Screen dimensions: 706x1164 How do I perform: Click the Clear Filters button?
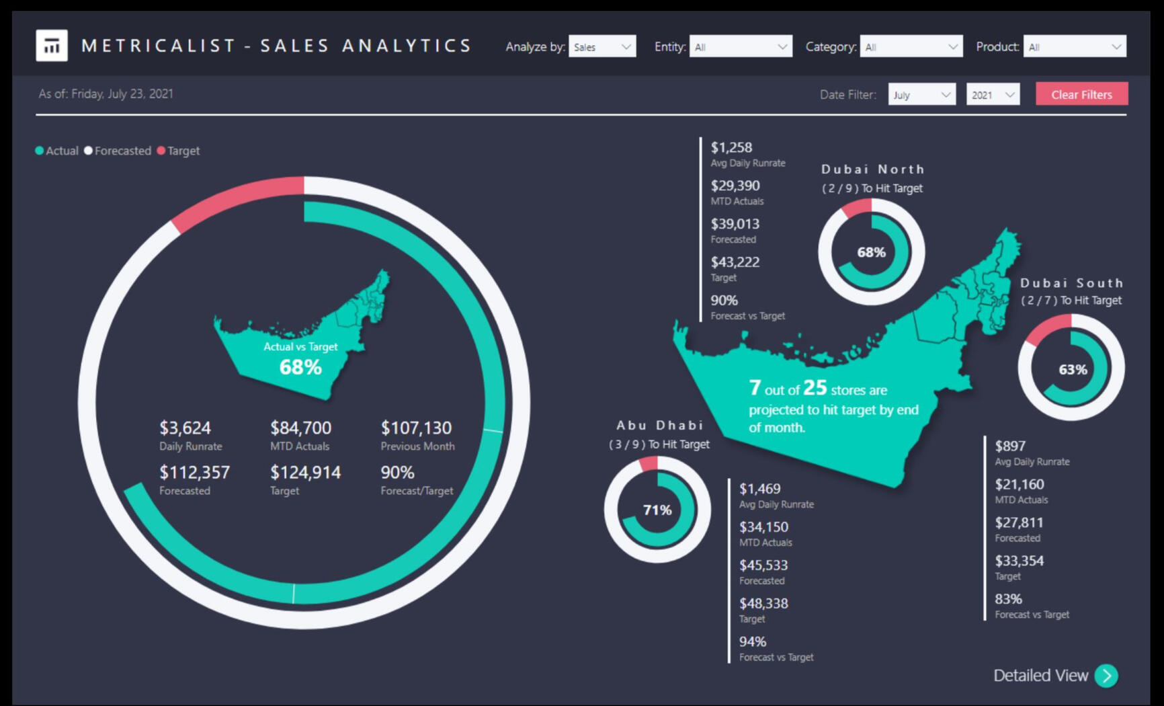pyautogui.click(x=1081, y=94)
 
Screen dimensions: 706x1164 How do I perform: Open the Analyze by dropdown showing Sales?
pyautogui.click(x=601, y=46)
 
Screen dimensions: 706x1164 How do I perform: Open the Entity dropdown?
pyautogui.click(x=740, y=46)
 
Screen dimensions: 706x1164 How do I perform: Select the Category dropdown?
pyautogui.click(x=911, y=46)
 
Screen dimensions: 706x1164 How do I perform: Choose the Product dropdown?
pyautogui.click(x=1074, y=46)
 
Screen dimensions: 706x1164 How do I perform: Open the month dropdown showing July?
pyautogui.click(x=921, y=95)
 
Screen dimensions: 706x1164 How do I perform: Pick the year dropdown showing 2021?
pyautogui.click(x=992, y=95)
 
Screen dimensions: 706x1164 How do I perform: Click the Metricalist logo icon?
pyautogui.click(x=52, y=46)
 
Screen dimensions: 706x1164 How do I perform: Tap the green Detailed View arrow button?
pyautogui.click(x=1106, y=675)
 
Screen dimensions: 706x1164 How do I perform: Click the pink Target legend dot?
pyautogui.click(x=161, y=151)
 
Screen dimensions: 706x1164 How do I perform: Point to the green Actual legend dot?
pyautogui.click(x=40, y=151)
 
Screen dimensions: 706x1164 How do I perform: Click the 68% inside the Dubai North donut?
pyautogui.click(x=871, y=252)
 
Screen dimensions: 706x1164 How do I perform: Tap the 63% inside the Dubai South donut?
pyautogui.click(x=1072, y=369)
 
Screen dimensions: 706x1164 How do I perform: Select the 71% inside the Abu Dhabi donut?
pyautogui.click(x=657, y=510)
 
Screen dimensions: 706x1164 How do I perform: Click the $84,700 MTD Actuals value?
pyautogui.click(x=300, y=428)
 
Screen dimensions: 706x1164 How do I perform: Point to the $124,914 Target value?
pyautogui.click(x=305, y=472)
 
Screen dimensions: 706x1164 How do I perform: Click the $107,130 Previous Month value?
pyautogui.click(x=416, y=428)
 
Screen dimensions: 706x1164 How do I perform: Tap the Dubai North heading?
pyautogui.click(x=872, y=169)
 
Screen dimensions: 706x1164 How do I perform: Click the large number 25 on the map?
pyautogui.click(x=815, y=387)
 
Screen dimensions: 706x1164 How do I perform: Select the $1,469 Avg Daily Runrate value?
pyautogui.click(x=759, y=489)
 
